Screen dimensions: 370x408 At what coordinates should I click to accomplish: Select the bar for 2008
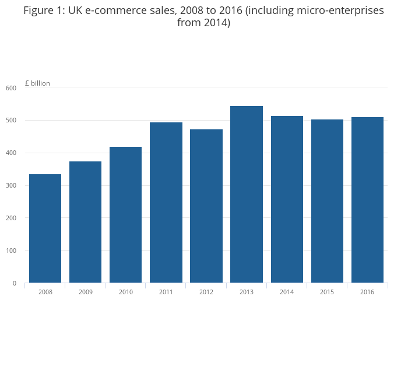click(45, 228)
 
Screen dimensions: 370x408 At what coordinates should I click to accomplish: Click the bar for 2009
click(85, 222)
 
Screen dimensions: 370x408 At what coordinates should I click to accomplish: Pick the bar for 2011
click(166, 202)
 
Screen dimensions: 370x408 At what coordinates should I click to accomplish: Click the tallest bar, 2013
click(246, 194)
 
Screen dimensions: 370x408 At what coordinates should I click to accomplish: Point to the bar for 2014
click(286, 199)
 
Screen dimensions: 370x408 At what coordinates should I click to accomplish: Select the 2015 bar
click(326, 201)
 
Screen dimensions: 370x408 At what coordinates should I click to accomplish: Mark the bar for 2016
click(367, 200)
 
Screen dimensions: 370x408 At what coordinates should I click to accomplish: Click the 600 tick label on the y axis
click(11, 88)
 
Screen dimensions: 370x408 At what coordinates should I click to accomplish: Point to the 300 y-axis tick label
click(11, 185)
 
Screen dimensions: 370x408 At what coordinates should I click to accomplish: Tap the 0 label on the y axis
click(15, 283)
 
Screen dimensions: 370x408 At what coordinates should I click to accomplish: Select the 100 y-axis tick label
click(11, 251)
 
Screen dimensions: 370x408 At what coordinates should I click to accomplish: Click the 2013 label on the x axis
click(246, 292)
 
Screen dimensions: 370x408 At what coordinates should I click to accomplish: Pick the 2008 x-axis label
click(45, 292)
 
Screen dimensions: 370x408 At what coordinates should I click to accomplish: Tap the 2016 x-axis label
click(367, 292)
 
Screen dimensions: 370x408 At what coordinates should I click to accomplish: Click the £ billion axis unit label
click(37, 83)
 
